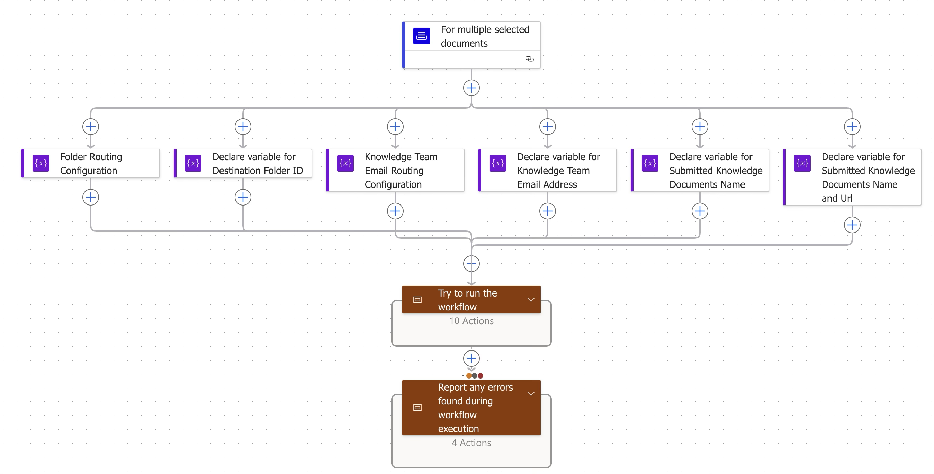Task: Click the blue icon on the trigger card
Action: pyautogui.click(x=421, y=36)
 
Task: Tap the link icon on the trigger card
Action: pyautogui.click(x=529, y=59)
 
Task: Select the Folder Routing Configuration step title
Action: pyautogui.click(x=91, y=163)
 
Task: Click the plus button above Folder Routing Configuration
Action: pyautogui.click(x=91, y=127)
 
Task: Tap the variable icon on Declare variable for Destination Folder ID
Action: pyautogui.click(x=193, y=163)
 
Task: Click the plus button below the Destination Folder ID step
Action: pyautogui.click(x=243, y=197)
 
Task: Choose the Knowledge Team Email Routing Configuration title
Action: pyautogui.click(x=401, y=170)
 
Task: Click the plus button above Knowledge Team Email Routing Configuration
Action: pyautogui.click(x=395, y=127)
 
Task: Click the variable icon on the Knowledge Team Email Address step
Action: pyautogui.click(x=497, y=163)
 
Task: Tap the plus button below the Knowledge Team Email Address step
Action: pyautogui.click(x=548, y=211)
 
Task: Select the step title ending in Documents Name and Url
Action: pyautogui.click(x=868, y=177)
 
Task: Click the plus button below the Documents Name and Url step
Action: pyautogui.click(x=852, y=225)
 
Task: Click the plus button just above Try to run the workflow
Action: pyautogui.click(x=472, y=263)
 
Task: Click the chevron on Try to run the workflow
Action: pyautogui.click(x=531, y=300)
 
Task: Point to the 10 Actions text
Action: pyautogui.click(x=472, y=321)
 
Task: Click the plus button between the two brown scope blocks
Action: pyautogui.click(x=472, y=358)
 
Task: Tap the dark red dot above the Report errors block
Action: pyautogui.click(x=481, y=376)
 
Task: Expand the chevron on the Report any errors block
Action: pyautogui.click(x=531, y=394)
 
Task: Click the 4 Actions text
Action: pyautogui.click(x=472, y=443)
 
